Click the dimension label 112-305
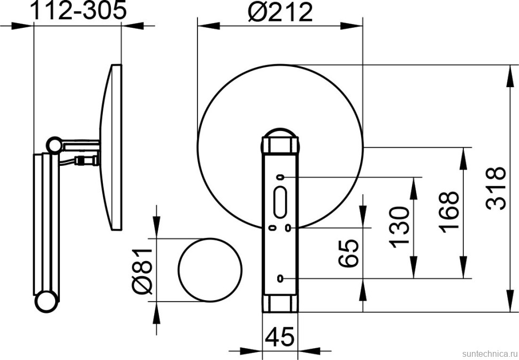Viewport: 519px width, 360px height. click(79, 10)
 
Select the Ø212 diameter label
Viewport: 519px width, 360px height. click(280, 13)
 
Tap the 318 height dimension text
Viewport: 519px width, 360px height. click(496, 188)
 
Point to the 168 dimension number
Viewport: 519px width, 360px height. click(449, 210)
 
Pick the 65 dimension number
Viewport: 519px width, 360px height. click(348, 253)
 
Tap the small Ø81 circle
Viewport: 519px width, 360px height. click(210, 270)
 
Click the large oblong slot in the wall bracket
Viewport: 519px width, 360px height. click(280, 202)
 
